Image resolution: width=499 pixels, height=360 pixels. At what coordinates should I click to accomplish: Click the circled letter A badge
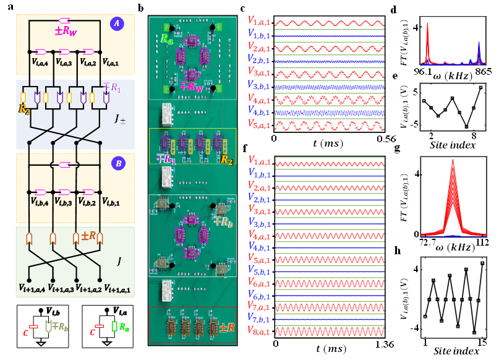116,24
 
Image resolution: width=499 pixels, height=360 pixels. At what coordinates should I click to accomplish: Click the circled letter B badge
117,164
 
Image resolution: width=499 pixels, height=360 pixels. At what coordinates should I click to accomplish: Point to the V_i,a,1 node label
111,62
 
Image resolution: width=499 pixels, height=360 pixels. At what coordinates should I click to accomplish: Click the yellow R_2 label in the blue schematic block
24,109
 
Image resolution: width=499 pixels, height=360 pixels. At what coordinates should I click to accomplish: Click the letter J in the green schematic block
119,262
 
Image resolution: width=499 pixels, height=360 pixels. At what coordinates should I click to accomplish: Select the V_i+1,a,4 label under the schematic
32,288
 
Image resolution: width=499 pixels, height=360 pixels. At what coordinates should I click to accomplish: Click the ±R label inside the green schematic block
88,236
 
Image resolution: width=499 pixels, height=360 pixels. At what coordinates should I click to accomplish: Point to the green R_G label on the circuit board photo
167,38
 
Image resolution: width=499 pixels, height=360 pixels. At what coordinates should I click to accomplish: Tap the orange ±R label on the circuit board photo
226,328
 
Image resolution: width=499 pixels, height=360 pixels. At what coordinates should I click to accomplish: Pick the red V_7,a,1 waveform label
260,306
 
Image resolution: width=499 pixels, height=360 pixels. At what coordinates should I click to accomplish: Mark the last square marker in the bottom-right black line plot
482,264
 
